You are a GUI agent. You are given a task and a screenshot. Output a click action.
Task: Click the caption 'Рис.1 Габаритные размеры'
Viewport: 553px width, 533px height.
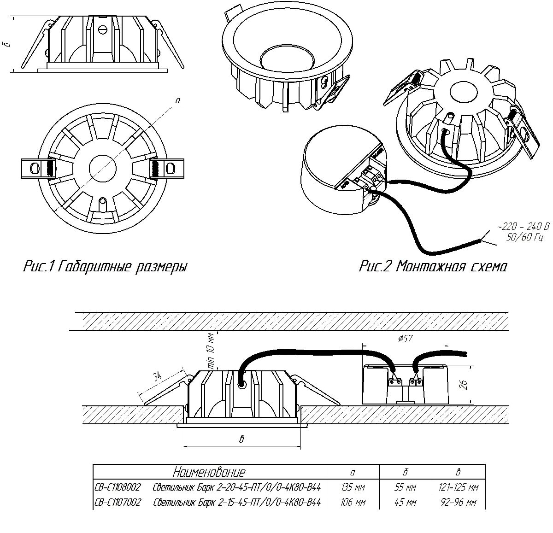coord(105,267)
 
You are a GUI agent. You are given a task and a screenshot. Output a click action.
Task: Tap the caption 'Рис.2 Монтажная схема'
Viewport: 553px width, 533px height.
coord(433,267)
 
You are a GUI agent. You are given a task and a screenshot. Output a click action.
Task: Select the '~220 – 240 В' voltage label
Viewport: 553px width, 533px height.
coord(523,227)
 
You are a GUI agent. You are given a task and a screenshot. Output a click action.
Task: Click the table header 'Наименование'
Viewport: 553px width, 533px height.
coord(209,472)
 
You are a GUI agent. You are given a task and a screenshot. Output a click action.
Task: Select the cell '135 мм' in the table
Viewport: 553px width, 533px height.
coord(353,487)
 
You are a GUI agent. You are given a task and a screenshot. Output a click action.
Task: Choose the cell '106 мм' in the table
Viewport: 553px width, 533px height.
coord(353,502)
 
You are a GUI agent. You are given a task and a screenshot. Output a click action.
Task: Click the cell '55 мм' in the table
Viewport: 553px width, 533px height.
coord(406,487)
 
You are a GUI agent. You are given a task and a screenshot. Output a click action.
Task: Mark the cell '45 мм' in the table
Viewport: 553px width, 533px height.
coord(406,502)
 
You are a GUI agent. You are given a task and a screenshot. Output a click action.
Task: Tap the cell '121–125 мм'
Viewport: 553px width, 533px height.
coord(458,487)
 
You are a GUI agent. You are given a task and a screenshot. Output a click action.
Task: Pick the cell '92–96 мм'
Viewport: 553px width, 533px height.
coord(458,502)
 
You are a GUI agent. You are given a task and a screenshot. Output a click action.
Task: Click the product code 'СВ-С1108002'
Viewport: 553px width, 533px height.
coord(118,487)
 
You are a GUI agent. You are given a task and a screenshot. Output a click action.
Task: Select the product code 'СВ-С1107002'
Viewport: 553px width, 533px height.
coord(118,502)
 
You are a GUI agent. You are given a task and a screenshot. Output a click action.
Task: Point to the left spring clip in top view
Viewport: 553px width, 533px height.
coord(38,168)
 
